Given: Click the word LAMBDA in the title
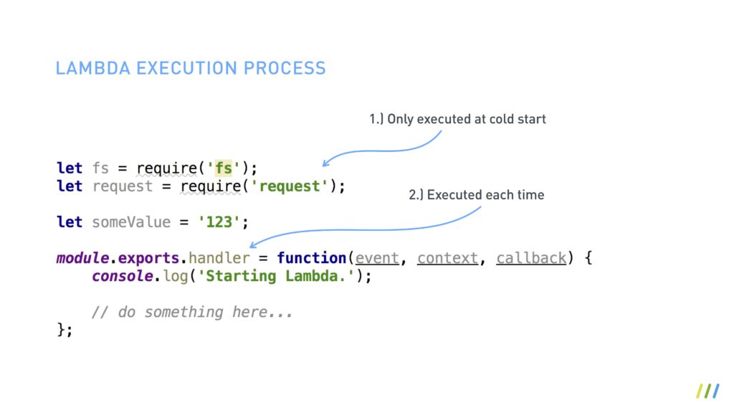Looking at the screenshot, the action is [x=92, y=68].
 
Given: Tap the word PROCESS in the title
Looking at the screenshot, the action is [x=285, y=68].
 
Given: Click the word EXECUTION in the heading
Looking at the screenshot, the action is [x=187, y=68].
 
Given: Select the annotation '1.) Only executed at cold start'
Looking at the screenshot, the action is [x=457, y=119].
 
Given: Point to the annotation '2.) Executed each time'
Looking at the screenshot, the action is [x=476, y=195].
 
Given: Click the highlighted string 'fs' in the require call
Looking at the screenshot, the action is [x=224, y=168].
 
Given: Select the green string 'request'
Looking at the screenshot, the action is [x=290, y=186].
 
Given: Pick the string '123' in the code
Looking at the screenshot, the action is [x=219, y=222].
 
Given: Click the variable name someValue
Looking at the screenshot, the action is [x=131, y=222].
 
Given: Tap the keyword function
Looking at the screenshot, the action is [x=311, y=257].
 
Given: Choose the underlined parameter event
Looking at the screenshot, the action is [x=377, y=258].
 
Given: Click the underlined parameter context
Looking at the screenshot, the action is [x=447, y=258].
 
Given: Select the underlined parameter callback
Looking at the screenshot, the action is [x=531, y=258].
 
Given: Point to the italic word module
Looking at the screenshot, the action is [x=82, y=257].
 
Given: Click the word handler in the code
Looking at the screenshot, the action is [x=219, y=258].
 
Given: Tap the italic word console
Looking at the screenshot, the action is [x=122, y=276].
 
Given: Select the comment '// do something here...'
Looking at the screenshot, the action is [x=192, y=312].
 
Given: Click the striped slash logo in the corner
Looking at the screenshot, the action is [x=707, y=391].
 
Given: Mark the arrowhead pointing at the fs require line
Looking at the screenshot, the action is [x=325, y=163].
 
